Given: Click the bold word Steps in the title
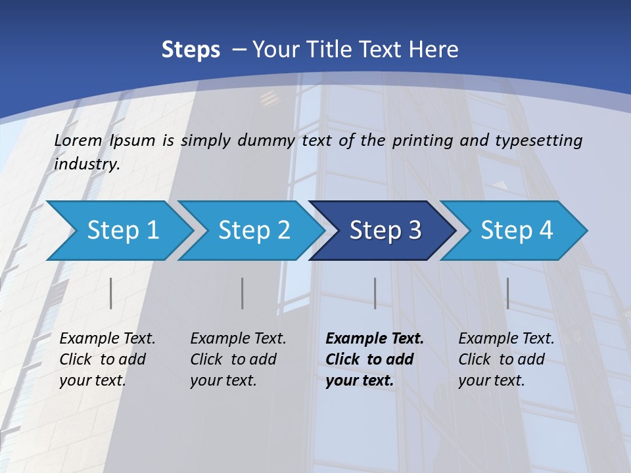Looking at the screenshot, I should [191, 49].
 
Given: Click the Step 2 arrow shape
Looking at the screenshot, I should [253, 231].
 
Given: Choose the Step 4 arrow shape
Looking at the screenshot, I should [515, 231].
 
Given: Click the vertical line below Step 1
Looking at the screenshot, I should [111, 293].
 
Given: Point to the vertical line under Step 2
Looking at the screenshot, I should [243, 293].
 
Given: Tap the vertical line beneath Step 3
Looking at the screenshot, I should [375, 293].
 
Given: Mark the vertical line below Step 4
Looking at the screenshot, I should [507, 293].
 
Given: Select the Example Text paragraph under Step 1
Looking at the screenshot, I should [106, 359].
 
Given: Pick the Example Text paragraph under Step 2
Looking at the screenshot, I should [237, 359].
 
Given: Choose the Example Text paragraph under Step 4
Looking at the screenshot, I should [505, 359].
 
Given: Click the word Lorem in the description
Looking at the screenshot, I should [78, 141].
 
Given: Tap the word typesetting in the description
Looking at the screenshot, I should [538, 141].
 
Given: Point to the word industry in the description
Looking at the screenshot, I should [86, 164].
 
